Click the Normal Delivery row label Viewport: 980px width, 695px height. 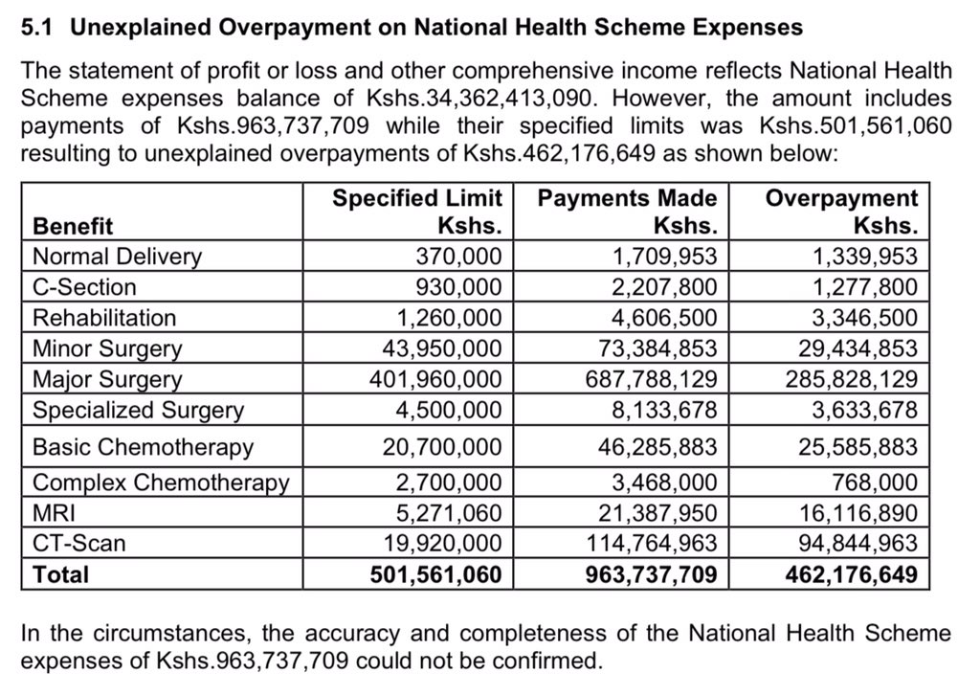point(117,257)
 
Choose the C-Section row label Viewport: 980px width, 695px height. point(84,287)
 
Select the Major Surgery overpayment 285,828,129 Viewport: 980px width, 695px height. point(852,379)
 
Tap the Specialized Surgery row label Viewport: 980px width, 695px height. point(138,410)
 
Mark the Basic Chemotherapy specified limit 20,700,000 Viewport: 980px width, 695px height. point(442,447)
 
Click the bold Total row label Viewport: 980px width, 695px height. point(60,574)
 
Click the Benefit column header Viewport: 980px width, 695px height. point(73,226)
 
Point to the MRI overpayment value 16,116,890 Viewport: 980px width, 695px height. point(857,512)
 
